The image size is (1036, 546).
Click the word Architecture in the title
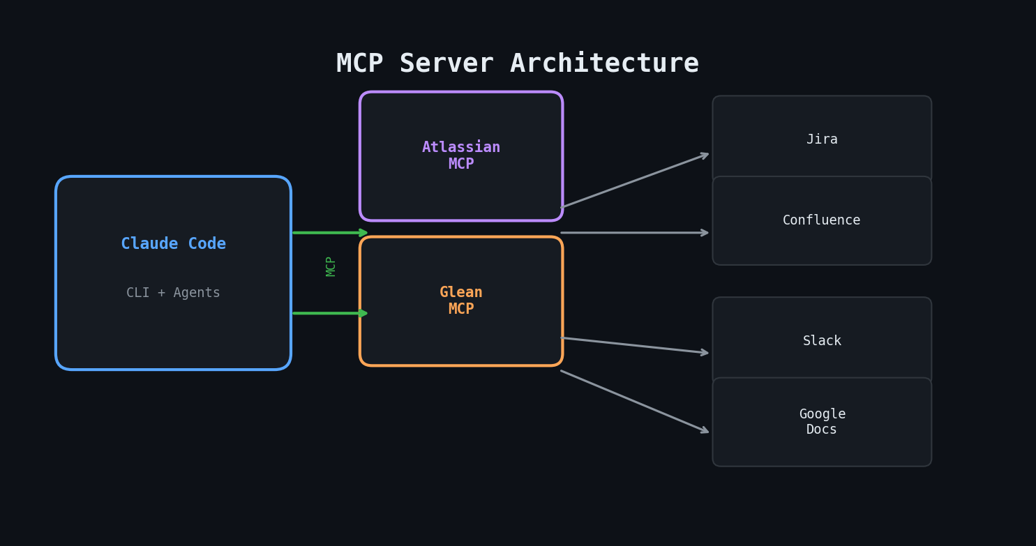tap(604, 64)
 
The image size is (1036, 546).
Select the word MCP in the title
tap(359, 64)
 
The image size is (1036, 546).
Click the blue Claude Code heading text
tap(173, 244)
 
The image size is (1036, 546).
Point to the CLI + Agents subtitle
tap(173, 293)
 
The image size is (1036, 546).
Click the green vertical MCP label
tap(331, 266)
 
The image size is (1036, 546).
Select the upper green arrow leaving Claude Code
tap(329, 233)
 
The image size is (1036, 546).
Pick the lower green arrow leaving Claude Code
tap(329, 313)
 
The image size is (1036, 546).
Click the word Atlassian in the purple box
tap(461, 148)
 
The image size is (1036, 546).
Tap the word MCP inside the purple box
tap(461, 165)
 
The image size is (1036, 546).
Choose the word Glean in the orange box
tap(461, 293)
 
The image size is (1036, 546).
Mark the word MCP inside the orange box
tap(461, 310)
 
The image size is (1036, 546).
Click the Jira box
tap(822, 139)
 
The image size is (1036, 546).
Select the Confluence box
tap(822, 220)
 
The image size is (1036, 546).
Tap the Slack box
tap(822, 341)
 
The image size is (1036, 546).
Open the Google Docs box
tap(822, 422)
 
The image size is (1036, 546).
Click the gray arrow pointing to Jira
tap(635, 181)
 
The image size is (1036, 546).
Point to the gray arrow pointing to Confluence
tap(635, 233)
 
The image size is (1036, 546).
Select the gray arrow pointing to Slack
tap(635, 346)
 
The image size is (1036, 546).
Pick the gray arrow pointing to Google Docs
tap(635, 402)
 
